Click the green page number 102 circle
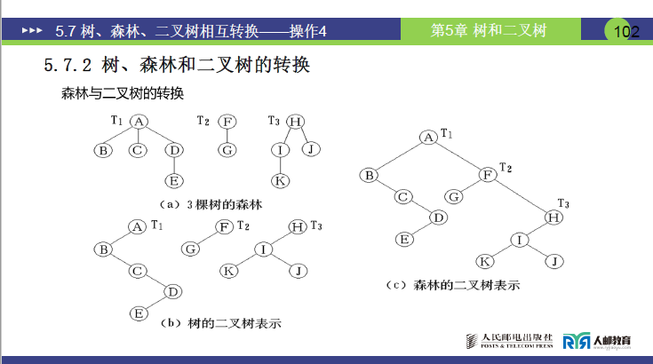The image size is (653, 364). coord(625,31)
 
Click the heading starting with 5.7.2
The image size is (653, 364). coord(177,66)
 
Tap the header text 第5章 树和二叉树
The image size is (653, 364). coord(488,30)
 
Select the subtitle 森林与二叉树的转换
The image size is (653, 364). coord(122,92)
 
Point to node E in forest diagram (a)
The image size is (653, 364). coord(174,181)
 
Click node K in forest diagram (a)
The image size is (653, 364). coord(279,181)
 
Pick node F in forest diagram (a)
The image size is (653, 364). coord(227,122)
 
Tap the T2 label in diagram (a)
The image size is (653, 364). coord(203,121)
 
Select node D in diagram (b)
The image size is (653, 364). coord(174,291)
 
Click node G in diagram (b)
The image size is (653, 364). coord(190,249)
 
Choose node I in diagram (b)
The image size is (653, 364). coord(264,249)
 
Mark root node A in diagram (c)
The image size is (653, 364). coord(428,137)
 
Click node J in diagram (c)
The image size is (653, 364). coord(553,261)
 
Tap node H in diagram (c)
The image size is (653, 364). coord(553,217)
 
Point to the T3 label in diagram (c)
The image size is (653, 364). coord(563,203)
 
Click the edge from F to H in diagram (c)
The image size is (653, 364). coord(521,196)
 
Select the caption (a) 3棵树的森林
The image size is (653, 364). coord(205,204)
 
